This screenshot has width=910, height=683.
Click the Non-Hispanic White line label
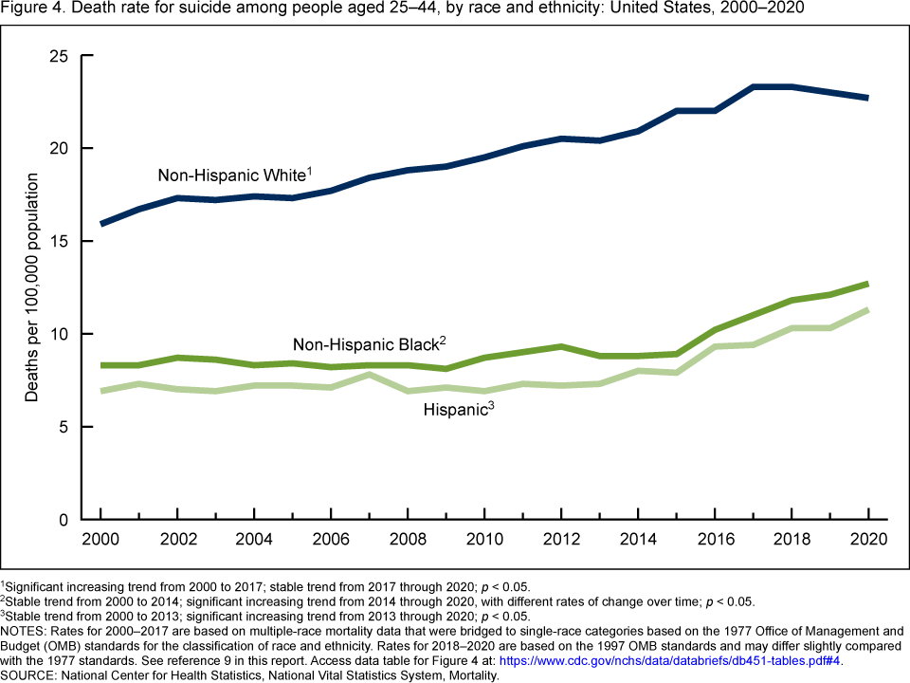[x=233, y=175]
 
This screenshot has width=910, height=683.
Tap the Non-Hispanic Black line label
[x=368, y=343]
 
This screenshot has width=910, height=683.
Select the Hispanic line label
[x=458, y=411]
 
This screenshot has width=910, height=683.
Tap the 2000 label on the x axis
[x=101, y=539]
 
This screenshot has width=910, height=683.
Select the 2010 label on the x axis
[x=484, y=539]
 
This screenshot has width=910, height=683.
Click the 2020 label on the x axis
[x=867, y=539]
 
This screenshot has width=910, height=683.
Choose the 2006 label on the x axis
[x=331, y=539]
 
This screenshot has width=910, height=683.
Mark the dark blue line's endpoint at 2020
[x=867, y=98]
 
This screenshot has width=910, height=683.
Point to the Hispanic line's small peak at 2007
[x=370, y=375]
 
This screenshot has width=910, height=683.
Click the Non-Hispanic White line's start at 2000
[x=101, y=224]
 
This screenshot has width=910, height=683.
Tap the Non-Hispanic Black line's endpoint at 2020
[x=867, y=284]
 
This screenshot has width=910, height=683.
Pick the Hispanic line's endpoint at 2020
[x=867, y=310]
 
